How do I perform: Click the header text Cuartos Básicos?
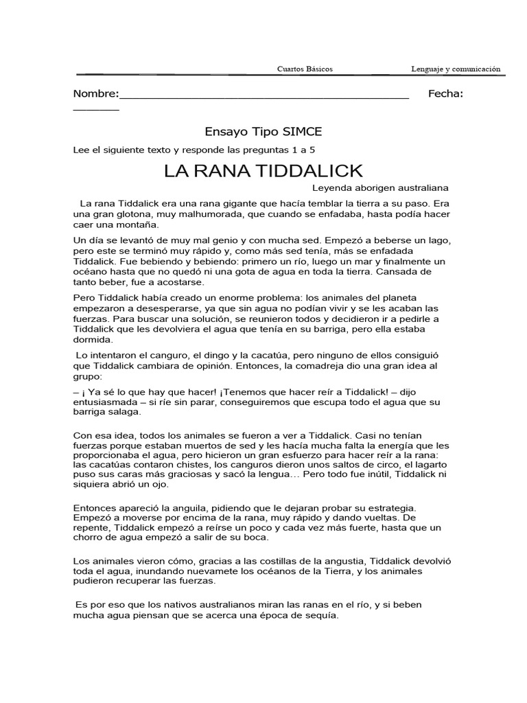pos(305,69)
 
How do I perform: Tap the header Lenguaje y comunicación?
pos(456,69)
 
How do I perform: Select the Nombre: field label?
pos(96,94)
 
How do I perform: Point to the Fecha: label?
pos(445,94)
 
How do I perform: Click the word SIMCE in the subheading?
pos(298,131)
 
